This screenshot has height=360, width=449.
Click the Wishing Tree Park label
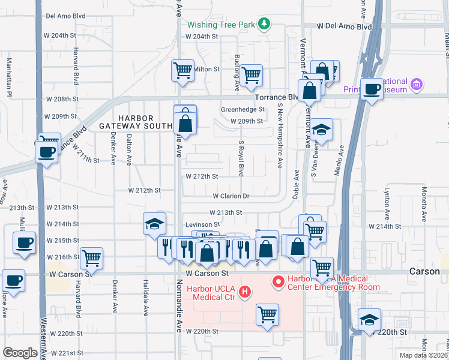coord(221,25)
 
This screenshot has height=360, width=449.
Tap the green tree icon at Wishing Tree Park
coord(264,24)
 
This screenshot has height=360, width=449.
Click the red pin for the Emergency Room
coord(279,281)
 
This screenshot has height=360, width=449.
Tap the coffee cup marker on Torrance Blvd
coord(372,89)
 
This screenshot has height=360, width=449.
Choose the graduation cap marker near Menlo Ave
coord(321,130)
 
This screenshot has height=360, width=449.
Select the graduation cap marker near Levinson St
coord(154,224)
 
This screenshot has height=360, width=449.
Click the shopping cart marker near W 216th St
coord(91,258)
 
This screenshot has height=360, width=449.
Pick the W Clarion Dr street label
coord(231,196)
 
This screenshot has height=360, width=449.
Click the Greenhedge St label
coord(243,110)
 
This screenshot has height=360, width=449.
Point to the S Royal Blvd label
coord(241,159)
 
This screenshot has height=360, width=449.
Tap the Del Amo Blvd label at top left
coord(65,16)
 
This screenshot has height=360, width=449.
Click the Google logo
coord(20,353)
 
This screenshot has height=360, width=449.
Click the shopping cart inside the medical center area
coord(267,314)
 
